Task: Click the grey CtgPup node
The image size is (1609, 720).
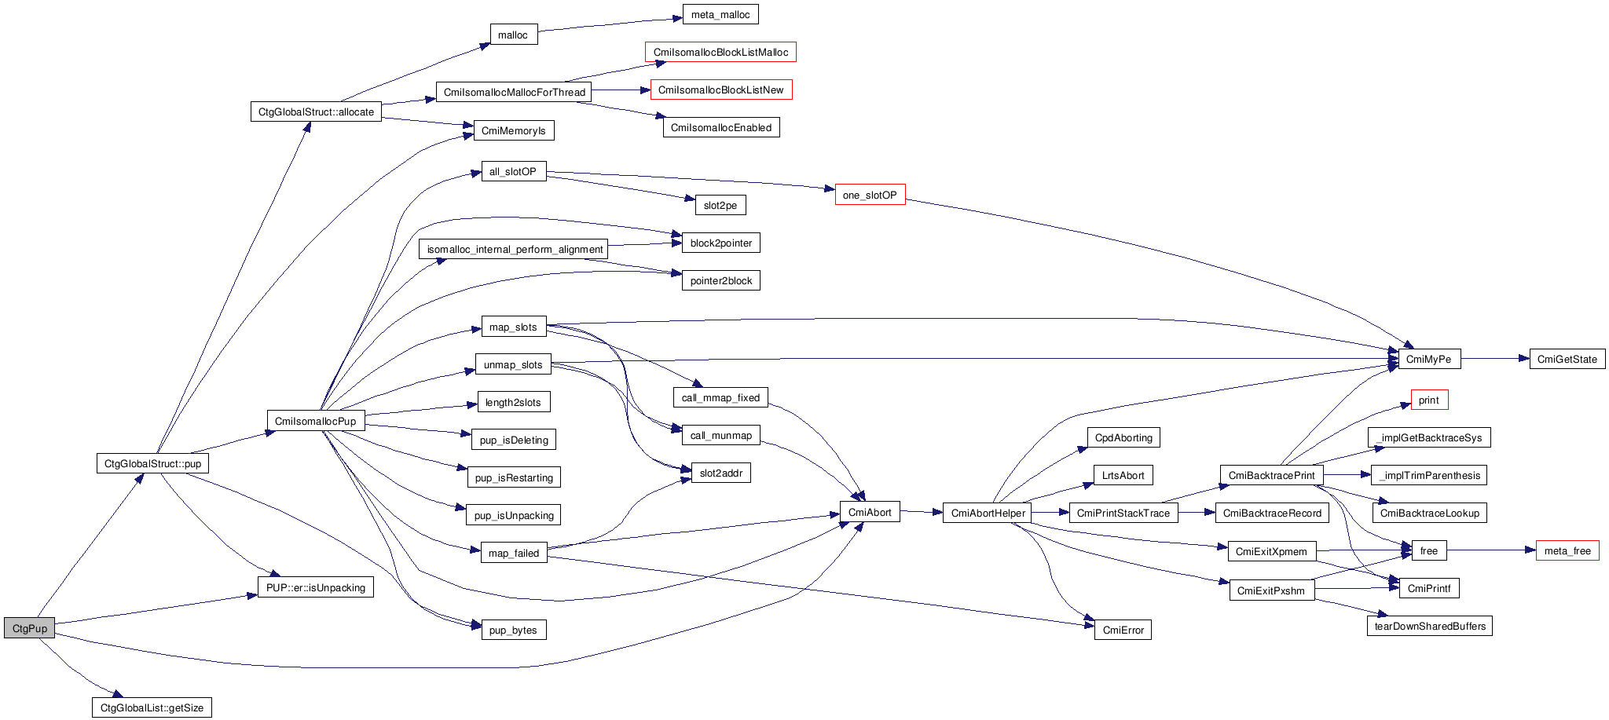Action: click(30, 628)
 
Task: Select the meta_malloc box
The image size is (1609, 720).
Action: click(720, 15)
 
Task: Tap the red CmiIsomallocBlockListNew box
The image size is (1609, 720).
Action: click(720, 90)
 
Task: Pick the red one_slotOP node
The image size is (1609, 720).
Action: click(870, 196)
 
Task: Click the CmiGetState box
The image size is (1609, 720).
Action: click(1567, 360)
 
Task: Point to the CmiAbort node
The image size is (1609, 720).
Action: click(870, 513)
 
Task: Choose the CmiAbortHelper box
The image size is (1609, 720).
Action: click(988, 514)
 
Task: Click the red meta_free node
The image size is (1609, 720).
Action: click(1567, 551)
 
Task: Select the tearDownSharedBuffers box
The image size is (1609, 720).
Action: click(1429, 627)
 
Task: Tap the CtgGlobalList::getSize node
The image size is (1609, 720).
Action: click(152, 708)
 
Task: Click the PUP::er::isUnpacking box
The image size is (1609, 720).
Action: click(315, 588)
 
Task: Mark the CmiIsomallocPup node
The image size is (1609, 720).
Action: click(315, 422)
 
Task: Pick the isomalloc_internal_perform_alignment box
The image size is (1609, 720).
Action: click(515, 250)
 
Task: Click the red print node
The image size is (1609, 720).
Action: click(1428, 400)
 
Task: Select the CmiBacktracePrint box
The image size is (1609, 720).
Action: click(1271, 476)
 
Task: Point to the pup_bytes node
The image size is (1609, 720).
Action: click(513, 630)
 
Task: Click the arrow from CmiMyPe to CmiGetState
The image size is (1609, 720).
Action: click(1495, 359)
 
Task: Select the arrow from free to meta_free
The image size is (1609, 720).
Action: click(1491, 550)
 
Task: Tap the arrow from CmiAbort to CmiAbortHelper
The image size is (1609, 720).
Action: click(921, 512)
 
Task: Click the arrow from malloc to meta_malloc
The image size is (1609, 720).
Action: click(609, 25)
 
